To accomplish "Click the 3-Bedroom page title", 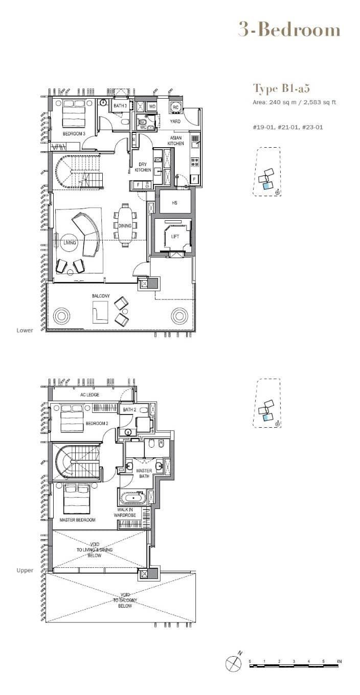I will pos(289,30).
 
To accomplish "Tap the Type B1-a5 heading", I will pos(281,89).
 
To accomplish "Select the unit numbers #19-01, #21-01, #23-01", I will pos(288,127).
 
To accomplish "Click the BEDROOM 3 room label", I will pos(74,134).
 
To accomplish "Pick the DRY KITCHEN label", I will pos(143,167).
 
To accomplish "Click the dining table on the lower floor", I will pos(125,225).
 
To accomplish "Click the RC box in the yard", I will pos(175,107).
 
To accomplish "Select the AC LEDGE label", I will pos(90,395).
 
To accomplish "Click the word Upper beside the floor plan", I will pos(25,570).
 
